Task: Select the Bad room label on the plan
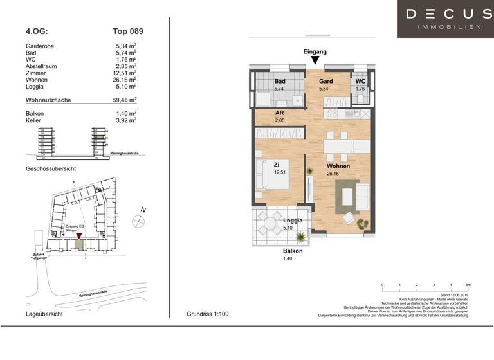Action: click(279, 82)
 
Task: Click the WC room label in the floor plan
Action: click(360, 82)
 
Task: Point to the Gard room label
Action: click(326, 82)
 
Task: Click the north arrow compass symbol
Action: click(137, 221)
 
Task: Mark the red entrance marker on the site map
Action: click(78, 237)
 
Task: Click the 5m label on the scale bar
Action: click(468, 284)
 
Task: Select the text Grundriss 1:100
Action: click(207, 314)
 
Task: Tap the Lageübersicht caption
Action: click(44, 314)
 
